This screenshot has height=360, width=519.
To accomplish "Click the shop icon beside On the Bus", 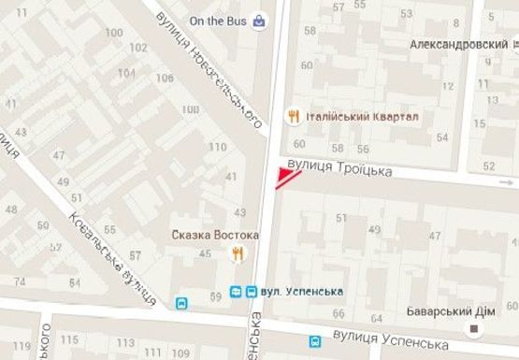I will pos(257,21).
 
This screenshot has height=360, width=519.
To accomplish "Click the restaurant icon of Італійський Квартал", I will pos(294,116).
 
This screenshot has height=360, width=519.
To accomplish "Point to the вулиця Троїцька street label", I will pos(338,166).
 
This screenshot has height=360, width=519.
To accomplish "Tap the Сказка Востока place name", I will pos(206,233).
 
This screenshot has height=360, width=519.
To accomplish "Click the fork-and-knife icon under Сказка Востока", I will pos(238,252).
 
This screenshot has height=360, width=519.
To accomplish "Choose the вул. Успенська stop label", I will pos(302,291).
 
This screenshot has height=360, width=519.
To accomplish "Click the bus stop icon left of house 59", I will pos(181,303).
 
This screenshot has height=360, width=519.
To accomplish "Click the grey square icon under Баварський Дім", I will pos(474,328).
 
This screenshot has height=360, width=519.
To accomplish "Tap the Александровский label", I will pos(454,44).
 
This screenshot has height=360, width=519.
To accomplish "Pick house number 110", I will pos(219,148).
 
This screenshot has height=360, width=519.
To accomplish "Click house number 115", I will pos(68,339).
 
